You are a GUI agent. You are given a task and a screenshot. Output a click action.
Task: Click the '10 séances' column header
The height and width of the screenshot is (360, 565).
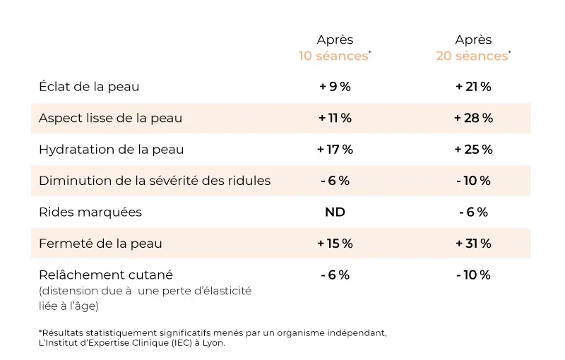[x=334, y=56]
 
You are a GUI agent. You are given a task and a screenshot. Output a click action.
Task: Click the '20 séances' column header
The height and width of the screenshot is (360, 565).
[x=472, y=56]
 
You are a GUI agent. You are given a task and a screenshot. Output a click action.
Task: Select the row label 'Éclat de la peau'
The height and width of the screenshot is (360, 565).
[x=90, y=87]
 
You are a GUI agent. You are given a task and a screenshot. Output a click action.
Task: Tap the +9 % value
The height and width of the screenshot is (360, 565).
[x=335, y=87]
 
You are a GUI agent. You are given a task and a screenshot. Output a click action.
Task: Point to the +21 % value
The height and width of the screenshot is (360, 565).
[x=473, y=87]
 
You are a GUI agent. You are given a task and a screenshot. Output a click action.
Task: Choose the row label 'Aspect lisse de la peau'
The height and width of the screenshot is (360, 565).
[x=111, y=118]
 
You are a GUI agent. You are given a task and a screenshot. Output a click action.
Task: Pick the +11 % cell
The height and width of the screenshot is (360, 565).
[x=335, y=118]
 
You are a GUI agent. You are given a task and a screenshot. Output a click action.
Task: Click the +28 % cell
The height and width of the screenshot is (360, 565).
[x=473, y=118]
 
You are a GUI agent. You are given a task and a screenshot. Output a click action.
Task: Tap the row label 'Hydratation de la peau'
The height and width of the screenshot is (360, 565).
[x=112, y=149]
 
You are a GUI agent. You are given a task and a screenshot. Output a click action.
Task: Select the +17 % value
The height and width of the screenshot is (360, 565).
[x=335, y=149]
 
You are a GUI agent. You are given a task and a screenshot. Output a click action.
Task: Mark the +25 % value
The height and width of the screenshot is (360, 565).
[x=473, y=149]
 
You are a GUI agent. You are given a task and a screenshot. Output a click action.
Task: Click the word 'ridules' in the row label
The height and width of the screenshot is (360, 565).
[x=249, y=180]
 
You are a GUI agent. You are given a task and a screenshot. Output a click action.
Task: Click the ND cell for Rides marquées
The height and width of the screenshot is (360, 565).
[x=335, y=212]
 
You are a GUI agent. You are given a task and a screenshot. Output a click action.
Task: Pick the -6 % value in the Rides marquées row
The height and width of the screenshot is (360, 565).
[x=473, y=212]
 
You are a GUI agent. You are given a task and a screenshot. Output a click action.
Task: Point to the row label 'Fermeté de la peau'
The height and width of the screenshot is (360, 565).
[x=101, y=244]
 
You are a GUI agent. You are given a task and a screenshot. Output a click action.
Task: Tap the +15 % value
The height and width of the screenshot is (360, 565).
[x=335, y=244]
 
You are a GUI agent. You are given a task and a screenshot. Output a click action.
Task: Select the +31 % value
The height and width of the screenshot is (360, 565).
[x=473, y=244]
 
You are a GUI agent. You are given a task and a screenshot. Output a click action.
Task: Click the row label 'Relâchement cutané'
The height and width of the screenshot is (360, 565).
[x=106, y=275]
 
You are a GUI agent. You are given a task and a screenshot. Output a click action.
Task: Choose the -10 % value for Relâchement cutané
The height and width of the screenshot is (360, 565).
[x=473, y=275]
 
